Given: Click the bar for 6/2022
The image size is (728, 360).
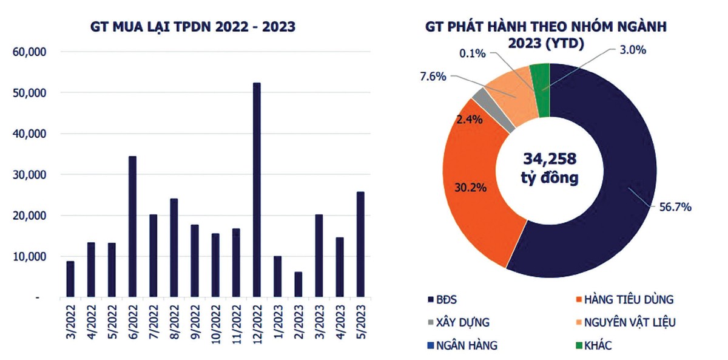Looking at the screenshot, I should pos(132,227).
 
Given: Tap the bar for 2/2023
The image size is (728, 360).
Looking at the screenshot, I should pos(298,285).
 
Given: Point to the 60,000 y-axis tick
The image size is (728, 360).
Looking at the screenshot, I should pos(30,52).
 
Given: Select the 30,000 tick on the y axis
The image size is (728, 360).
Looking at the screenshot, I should pos(30,175).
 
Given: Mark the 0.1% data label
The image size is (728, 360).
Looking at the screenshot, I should pos(473,53).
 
